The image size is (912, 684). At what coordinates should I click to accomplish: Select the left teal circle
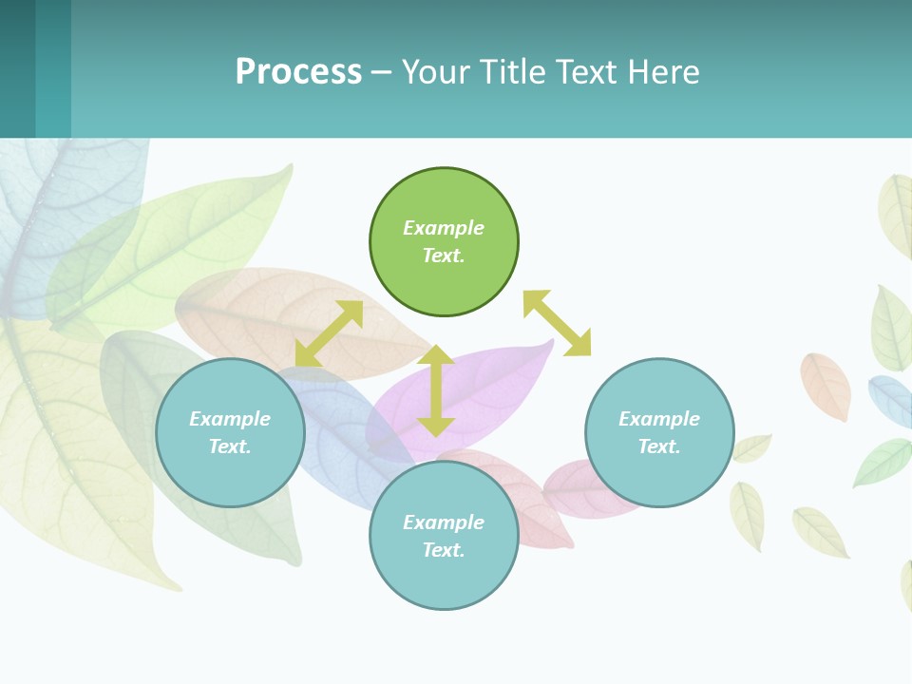(230, 432)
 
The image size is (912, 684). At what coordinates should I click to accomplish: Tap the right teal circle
(659, 432)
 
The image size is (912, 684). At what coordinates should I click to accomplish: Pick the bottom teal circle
(444, 536)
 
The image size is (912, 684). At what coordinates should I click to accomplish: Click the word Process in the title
(298, 71)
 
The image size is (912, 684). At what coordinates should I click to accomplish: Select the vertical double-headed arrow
(436, 390)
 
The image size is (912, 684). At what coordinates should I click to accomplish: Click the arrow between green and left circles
(329, 332)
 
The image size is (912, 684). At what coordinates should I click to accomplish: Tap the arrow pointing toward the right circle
(557, 323)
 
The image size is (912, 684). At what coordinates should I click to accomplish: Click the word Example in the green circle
(444, 228)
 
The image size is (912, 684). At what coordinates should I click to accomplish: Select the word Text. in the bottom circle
(444, 550)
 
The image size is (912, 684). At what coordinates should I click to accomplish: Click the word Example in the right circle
(659, 419)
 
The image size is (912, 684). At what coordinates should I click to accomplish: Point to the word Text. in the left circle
(230, 446)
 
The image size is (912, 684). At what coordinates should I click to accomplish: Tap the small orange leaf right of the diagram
(826, 385)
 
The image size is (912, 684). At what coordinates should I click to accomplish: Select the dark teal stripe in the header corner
(17, 68)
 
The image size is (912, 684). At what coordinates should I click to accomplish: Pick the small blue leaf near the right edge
(891, 399)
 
